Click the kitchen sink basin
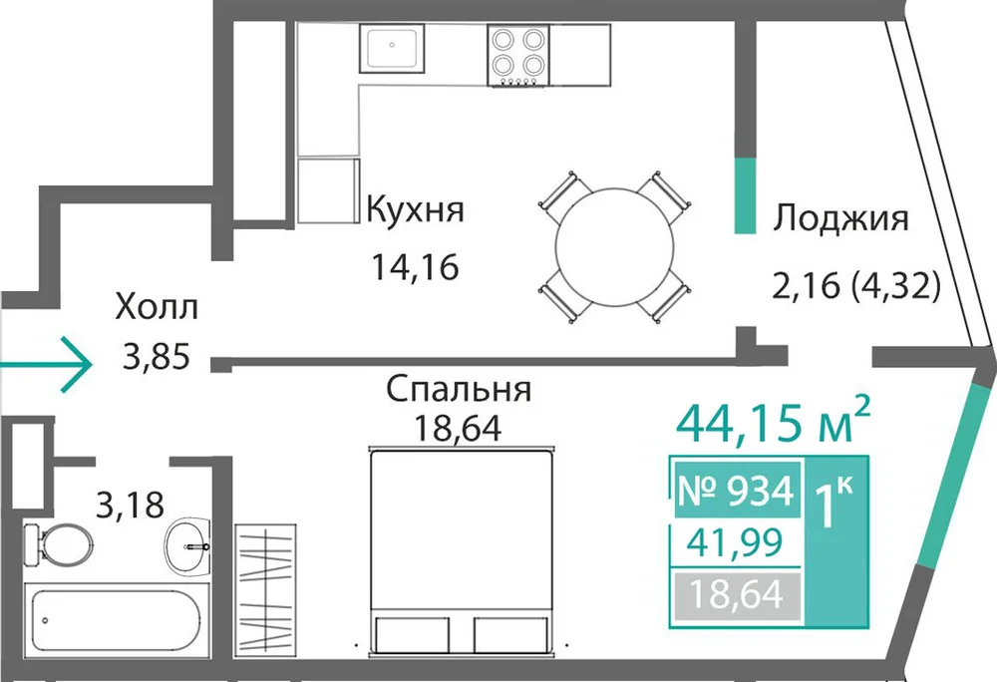click(391, 48)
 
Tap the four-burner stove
click(518, 55)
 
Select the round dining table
click(614, 246)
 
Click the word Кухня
click(416, 209)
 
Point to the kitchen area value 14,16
click(415, 267)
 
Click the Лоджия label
click(840, 218)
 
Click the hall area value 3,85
click(157, 357)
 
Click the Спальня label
click(459, 390)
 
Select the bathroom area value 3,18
click(130, 506)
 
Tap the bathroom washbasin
click(187, 545)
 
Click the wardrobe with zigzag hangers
click(265, 587)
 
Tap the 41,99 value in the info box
click(736, 542)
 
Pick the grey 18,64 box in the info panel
click(737, 595)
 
